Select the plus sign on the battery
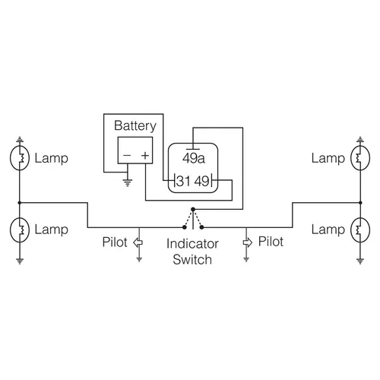coord(144,155)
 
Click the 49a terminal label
coord(193,158)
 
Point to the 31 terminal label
coord(182,182)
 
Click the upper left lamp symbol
coord(20,158)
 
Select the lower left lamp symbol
coord(20,229)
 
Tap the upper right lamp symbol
coord(359,158)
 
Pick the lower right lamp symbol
coord(359,229)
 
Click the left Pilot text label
coord(116,242)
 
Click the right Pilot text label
coord(271,242)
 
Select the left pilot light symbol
coord(138,242)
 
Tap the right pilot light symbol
coord(246,242)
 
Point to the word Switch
coord(192,260)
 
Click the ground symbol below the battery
coord(127,182)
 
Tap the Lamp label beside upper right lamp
coord(328,158)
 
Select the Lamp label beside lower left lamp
coord(51,229)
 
